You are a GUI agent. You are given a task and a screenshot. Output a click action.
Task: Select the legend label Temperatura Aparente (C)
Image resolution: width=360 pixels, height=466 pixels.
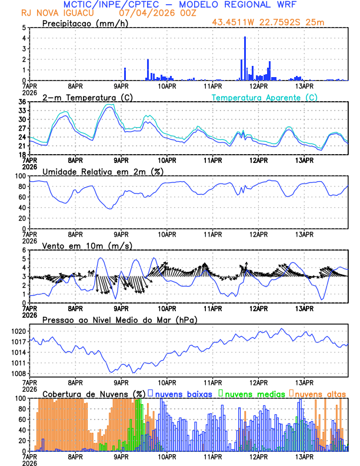pyautogui.click(x=265, y=97)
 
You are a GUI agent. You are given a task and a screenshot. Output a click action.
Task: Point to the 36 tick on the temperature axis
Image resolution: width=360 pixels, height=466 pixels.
pyautogui.click(x=22, y=102)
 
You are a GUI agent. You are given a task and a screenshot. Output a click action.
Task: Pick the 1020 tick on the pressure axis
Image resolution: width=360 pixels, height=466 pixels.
pyautogui.click(x=18, y=331)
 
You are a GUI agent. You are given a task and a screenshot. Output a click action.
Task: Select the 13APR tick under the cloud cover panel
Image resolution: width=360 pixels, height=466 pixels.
pyautogui.click(x=304, y=456)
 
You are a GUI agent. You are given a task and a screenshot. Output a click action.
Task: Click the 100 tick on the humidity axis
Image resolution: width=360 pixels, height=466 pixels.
pyautogui.click(x=20, y=176)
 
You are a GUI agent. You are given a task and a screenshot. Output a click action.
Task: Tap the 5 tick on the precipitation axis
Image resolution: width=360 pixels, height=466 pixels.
pyautogui.click(x=24, y=28)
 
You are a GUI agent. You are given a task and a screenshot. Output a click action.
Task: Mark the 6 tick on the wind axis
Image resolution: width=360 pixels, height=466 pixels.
pyautogui.click(x=24, y=250)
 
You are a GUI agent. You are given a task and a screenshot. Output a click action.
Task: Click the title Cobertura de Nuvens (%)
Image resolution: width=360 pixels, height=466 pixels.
pyautogui.click(x=94, y=394)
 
